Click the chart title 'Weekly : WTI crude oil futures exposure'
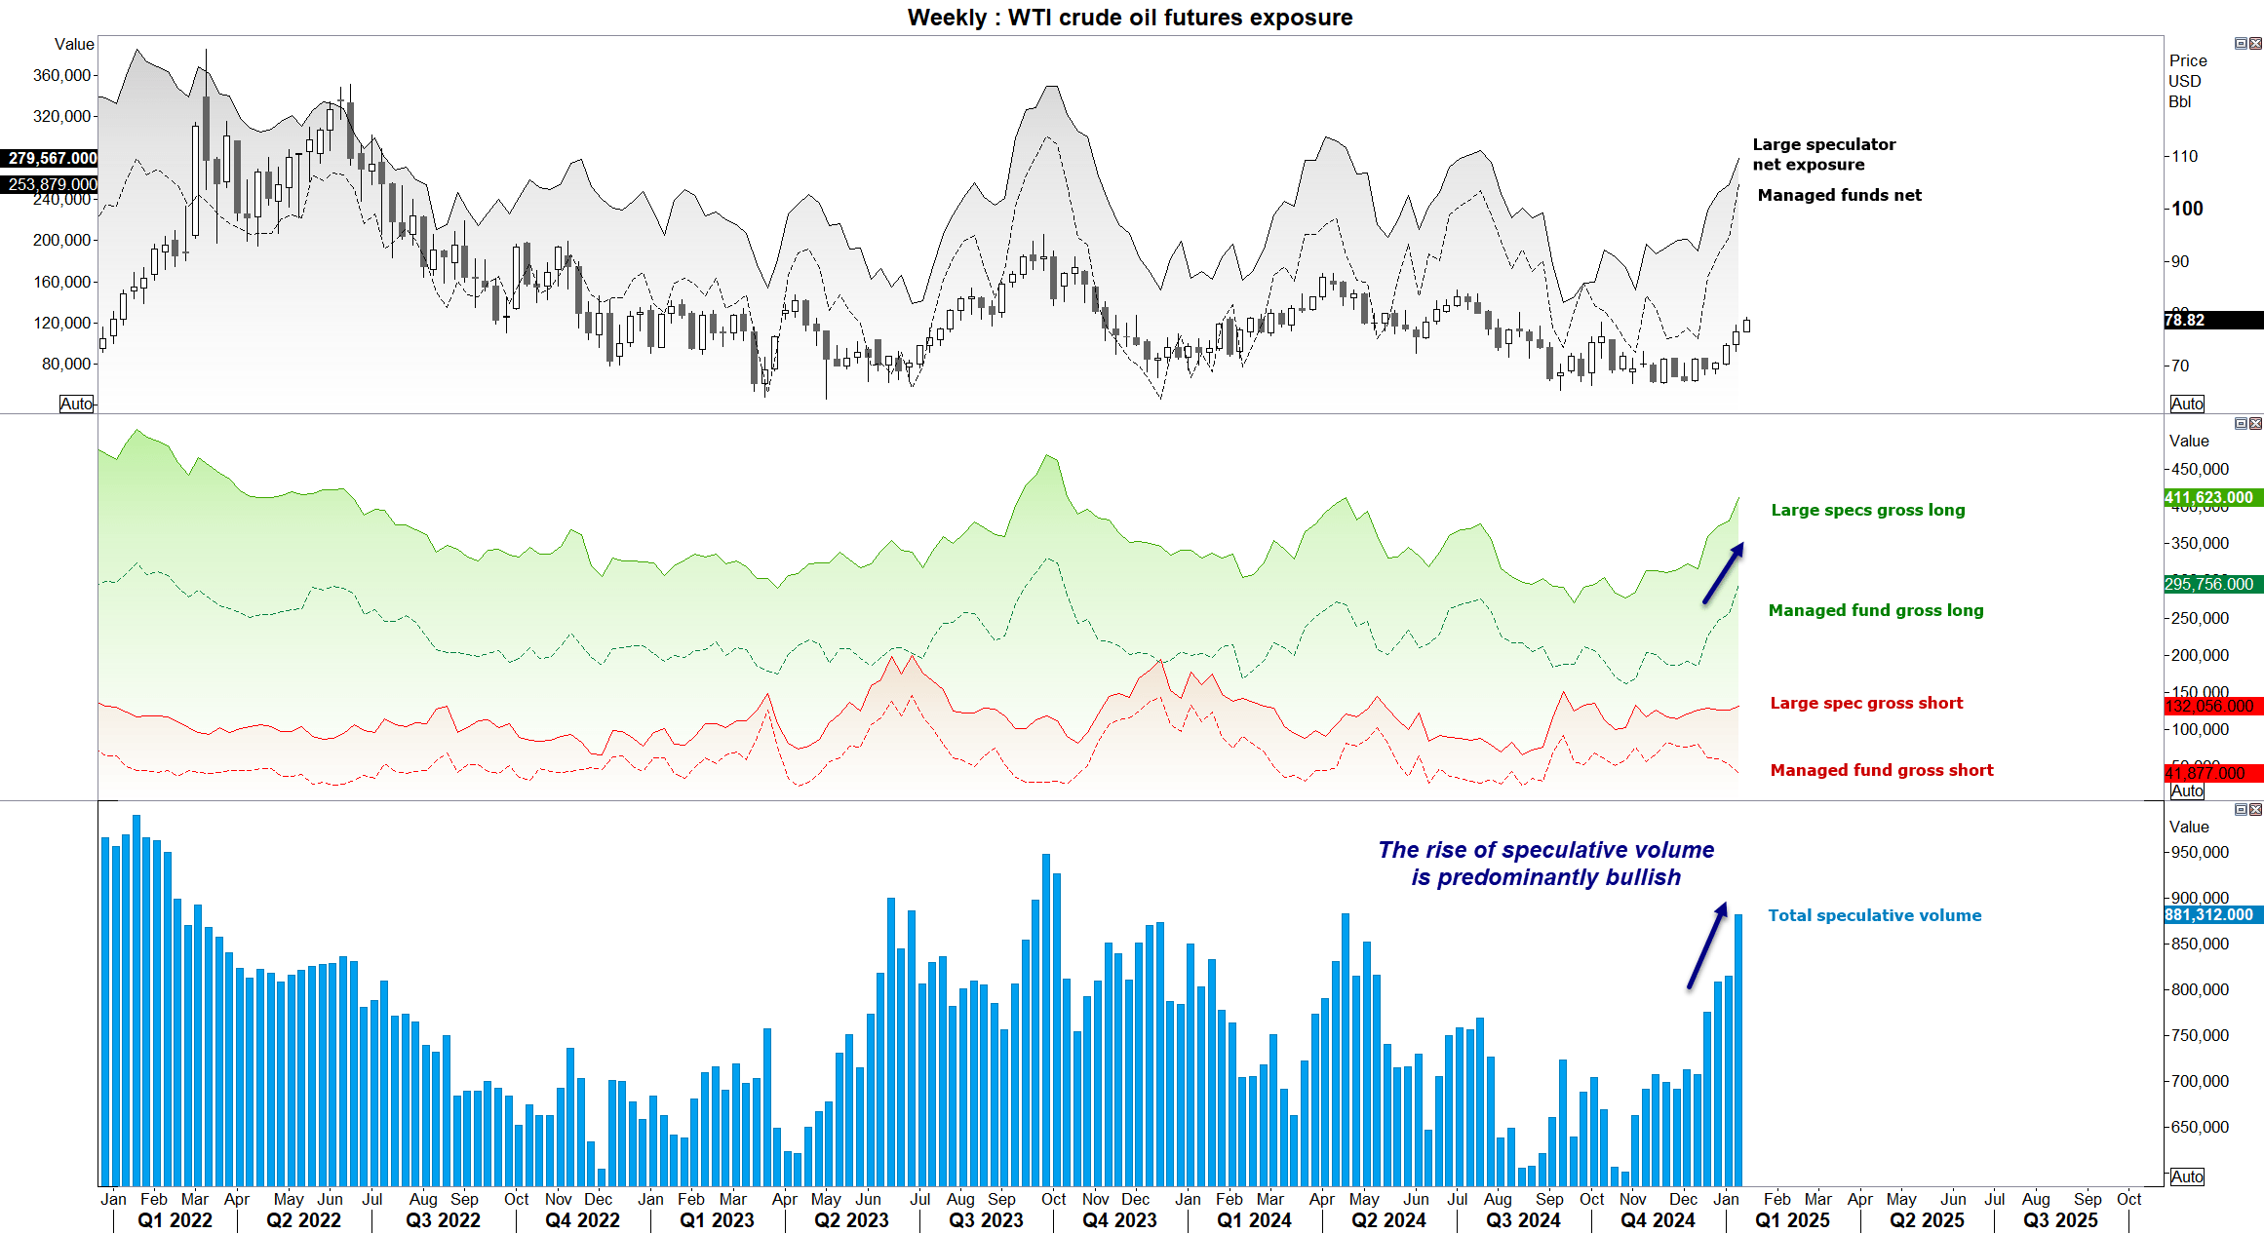(1129, 18)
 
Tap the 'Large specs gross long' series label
(1867, 510)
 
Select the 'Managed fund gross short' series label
(1881, 770)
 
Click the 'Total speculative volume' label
(1874, 915)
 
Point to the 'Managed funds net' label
(1839, 195)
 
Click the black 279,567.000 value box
(51, 158)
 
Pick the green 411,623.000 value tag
(2209, 497)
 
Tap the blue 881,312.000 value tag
(2209, 914)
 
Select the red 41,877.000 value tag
(2209, 773)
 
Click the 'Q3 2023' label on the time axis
(986, 1220)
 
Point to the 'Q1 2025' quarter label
(1792, 1220)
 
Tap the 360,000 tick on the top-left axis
(61, 75)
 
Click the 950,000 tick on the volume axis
(2200, 852)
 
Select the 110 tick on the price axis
(2185, 156)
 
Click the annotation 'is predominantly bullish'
(1545, 877)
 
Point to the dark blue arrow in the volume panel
(1707, 945)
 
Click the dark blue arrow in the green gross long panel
(1723, 574)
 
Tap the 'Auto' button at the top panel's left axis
(76, 404)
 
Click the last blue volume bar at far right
(1738, 1049)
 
